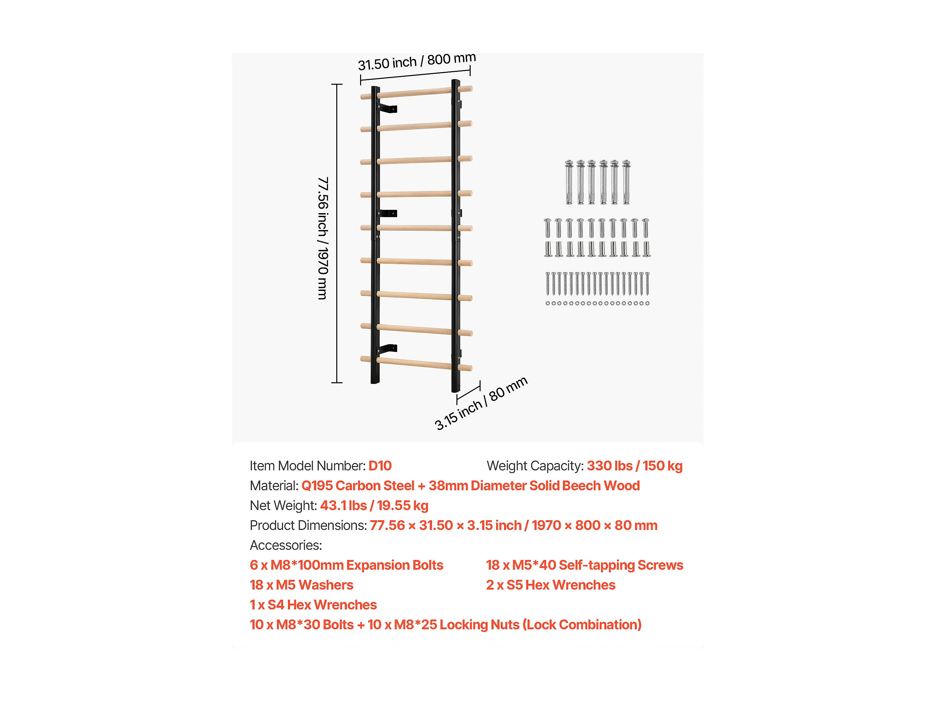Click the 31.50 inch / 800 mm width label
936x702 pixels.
point(417,62)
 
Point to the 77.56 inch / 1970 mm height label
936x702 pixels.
point(323,238)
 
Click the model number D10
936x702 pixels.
point(380,466)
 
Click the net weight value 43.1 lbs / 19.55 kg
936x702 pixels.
point(374,506)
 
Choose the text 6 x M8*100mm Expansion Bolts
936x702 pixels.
point(346,565)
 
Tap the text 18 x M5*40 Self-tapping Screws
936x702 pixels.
point(585,565)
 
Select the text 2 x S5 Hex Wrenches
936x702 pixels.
point(550,585)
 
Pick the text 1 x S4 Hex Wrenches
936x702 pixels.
point(313,605)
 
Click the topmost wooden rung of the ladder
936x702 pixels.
point(416,93)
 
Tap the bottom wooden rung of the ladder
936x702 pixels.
point(416,363)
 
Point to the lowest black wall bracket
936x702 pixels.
point(388,350)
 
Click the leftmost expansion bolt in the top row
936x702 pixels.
point(569,182)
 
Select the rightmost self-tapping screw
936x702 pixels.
point(647,284)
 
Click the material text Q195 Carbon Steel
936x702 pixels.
point(357,486)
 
